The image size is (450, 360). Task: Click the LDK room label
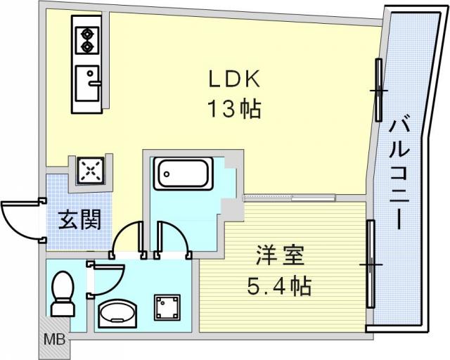[234, 79]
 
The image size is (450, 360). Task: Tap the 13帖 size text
[235, 108]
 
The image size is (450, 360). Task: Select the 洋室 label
[280, 255]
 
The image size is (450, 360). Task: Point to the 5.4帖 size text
[279, 286]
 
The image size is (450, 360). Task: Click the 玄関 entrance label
[79, 219]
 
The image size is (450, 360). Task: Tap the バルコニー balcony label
[399, 175]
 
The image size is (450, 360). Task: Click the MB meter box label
[54, 340]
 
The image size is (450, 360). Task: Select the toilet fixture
[63, 294]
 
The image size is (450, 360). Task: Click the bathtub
[183, 174]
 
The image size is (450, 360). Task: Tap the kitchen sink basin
[87, 83]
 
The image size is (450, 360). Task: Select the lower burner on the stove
[87, 47]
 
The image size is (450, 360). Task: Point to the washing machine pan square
[167, 307]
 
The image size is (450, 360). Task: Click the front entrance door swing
[22, 219]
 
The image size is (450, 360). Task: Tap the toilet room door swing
[105, 280]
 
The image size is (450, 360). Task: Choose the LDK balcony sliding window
[379, 90]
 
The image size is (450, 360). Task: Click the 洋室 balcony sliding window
[371, 264]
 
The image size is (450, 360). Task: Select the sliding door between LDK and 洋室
[289, 198]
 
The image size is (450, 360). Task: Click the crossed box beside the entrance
[91, 171]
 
